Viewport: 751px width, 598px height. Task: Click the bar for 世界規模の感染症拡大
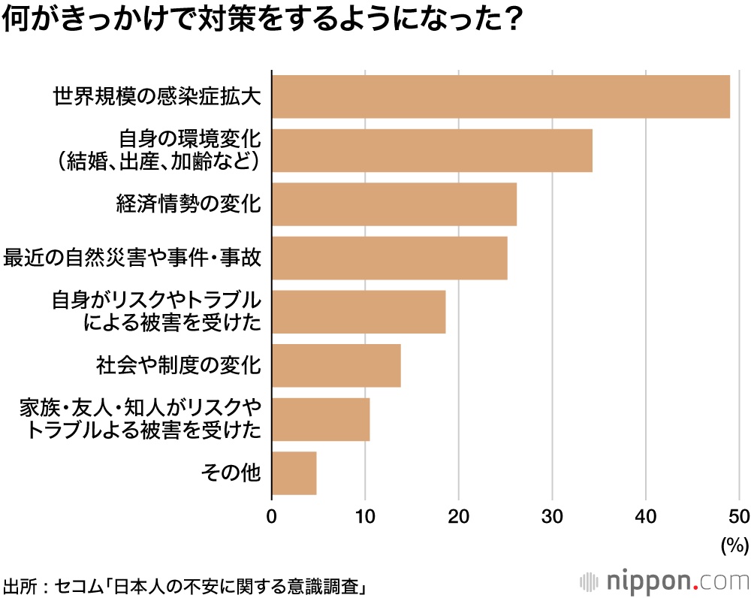pyautogui.click(x=501, y=97)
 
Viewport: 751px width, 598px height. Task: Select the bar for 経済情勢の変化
pyautogui.click(x=394, y=204)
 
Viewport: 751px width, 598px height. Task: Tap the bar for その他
pyautogui.click(x=294, y=473)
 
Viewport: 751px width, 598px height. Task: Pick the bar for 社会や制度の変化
pyautogui.click(x=336, y=366)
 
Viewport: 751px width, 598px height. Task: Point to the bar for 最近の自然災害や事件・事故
pyautogui.click(x=390, y=258)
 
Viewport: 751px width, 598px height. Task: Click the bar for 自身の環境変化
pyautogui.click(x=432, y=150)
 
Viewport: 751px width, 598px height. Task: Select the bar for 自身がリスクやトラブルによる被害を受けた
pyautogui.click(x=359, y=312)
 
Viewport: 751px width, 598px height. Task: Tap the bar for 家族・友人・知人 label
pyautogui.click(x=321, y=419)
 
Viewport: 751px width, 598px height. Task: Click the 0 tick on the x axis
pyautogui.click(x=272, y=516)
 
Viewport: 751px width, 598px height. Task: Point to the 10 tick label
pyautogui.click(x=365, y=516)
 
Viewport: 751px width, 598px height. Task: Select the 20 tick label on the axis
pyautogui.click(x=459, y=516)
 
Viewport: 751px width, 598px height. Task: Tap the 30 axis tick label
pyautogui.click(x=553, y=516)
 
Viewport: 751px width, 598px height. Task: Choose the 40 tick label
pyautogui.click(x=646, y=516)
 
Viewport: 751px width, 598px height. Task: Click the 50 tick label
pyautogui.click(x=739, y=516)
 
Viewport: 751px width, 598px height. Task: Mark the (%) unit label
pyautogui.click(x=734, y=545)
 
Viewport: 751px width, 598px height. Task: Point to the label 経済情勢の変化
pyautogui.click(x=189, y=204)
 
